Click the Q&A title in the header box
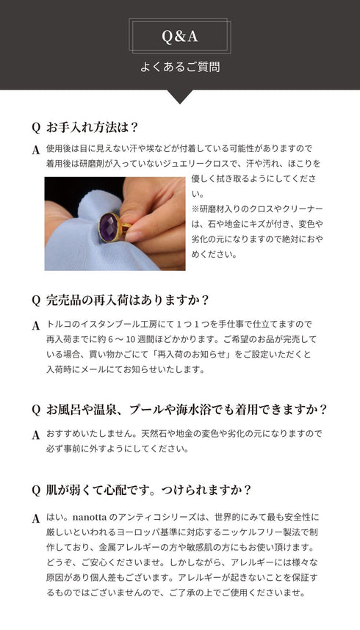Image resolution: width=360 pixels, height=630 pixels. point(180,36)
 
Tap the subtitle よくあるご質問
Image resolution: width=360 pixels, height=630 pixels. point(180,67)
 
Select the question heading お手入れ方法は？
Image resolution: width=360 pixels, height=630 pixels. point(93,126)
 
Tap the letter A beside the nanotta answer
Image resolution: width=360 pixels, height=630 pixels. point(35,518)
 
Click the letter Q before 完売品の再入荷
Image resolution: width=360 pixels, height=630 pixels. point(35,300)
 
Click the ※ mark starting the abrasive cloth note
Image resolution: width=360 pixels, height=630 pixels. point(196,209)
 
